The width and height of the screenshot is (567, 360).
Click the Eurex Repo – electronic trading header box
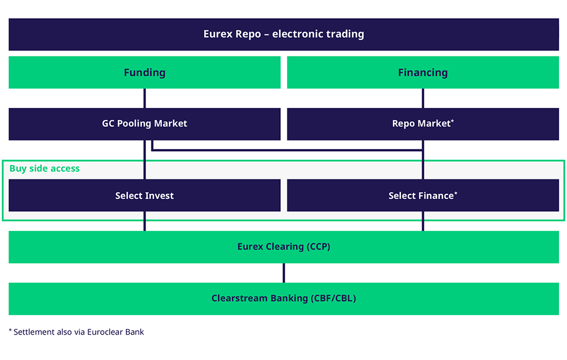tap(283, 34)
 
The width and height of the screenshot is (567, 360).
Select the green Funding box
tap(145, 73)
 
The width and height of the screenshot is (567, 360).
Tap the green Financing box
tap(423, 73)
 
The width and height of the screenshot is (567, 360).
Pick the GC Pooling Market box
tap(145, 124)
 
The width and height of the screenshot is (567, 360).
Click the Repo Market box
tap(423, 124)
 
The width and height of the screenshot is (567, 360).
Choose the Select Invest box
tap(145, 196)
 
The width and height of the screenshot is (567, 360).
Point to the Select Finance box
tap(423, 196)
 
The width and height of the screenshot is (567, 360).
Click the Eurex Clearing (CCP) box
tap(283, 247)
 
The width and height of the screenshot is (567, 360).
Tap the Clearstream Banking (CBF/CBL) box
tap(283, 299)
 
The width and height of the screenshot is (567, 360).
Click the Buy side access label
tap(44, 168)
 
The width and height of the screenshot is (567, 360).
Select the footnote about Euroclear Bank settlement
tap(76, 332)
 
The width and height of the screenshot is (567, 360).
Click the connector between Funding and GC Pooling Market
tap(145, 99)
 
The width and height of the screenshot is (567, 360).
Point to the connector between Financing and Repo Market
tap(423, 99)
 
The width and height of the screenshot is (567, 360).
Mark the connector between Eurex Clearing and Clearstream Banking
tap(284, 273)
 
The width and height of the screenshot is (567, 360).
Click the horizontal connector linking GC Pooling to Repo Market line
tap(287, 150)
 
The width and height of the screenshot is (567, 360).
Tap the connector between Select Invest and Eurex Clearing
tap(145, 222)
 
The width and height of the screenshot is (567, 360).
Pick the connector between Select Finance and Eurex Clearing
tap(423, 222)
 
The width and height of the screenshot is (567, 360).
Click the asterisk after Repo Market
tap(452, 121)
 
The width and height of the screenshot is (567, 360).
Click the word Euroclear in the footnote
tap(105, 332)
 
